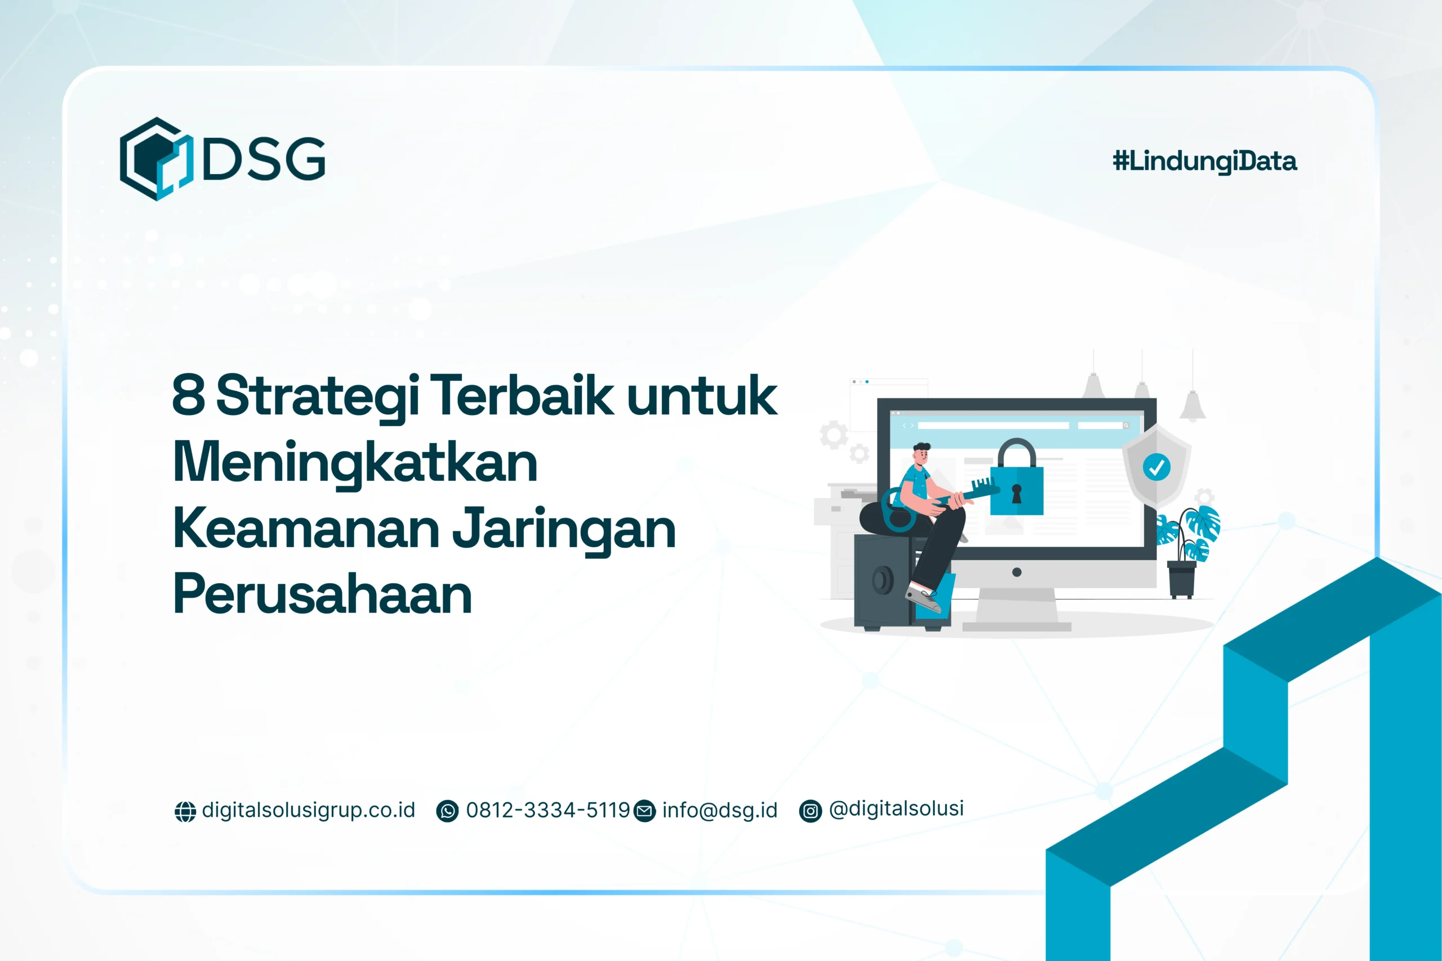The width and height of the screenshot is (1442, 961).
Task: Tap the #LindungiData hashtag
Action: coord(1204,162)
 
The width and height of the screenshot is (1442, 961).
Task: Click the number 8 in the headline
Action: coord(188,395)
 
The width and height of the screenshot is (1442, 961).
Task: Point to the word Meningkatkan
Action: coord(355,463)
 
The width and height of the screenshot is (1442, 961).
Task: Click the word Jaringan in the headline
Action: coord(563,530)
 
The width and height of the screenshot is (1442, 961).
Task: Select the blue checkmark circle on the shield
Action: coord(1156,468)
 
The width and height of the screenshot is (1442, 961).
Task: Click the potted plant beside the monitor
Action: coord(1187,552)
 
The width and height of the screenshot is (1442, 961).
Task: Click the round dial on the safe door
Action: coord(883,580)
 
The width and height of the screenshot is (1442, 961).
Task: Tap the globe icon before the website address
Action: coord(185,811)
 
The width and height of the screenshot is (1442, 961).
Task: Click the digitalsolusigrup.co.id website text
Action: coord(308,810)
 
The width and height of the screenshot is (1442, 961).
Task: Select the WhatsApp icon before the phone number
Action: coord(447,811)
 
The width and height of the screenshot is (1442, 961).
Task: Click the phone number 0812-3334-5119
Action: coord(548,810)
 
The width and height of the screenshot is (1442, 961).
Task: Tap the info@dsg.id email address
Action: coord(719,810)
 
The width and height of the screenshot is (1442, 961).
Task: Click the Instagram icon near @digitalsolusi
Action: coord(810,811)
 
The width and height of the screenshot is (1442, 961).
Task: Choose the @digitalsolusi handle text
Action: coord(896,809)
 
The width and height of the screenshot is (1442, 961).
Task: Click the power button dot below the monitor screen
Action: coord(1017,573)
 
